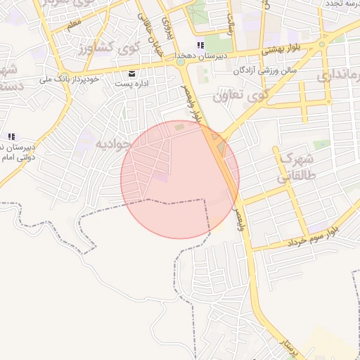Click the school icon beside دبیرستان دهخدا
click(200, 46)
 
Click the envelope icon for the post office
click(131, 73)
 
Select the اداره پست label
click(131, 83)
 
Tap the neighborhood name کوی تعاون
click(240, 94)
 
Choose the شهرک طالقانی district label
click(295, 167)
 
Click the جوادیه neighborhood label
click(111, 144)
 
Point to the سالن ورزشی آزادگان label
click(265, 70)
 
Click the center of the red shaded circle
click(180, 179)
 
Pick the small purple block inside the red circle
click(162, 177)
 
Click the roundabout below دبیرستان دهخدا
click(181, 62)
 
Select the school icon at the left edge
click(11, 136)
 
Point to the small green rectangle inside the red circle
click(179, 127)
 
